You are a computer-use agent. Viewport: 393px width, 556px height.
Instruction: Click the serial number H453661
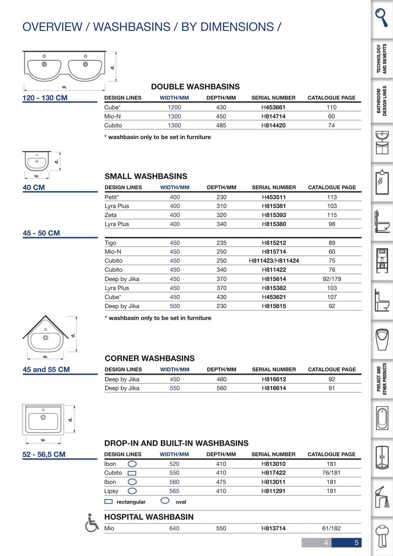[x=273, y=107]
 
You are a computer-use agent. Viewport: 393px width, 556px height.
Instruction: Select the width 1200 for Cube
[x=174, y=107]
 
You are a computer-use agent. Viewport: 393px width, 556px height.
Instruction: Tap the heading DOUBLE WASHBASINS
[x=195, y=87]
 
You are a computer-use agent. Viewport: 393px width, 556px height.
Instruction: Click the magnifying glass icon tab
[x=381, y=17]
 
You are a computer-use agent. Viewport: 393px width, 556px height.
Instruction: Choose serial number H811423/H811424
[x=274, y=261]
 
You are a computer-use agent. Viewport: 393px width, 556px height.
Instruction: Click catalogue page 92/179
[x=332, y=279]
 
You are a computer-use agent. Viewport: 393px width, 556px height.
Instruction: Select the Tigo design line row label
[x=110, y=243]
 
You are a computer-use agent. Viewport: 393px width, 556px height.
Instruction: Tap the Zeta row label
[x=110, y=215]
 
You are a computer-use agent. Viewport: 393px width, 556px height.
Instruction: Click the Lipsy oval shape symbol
[x=132, y=491]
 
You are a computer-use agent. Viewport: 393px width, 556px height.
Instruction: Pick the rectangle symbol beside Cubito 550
[x=132, y=473]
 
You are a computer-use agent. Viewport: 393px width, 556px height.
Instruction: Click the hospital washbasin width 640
[x=174, y=528]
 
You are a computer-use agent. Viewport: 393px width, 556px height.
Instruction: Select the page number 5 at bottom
[x=356, y=542]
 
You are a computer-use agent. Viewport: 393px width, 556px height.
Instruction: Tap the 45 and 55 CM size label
[x=46, y=369]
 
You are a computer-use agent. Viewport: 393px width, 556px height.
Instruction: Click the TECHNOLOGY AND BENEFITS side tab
[x=381, y=59]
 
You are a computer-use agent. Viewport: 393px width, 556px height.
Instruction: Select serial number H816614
[x=274, y=388]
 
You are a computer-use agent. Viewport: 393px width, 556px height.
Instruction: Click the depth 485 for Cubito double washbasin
[x=221, y=125]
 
